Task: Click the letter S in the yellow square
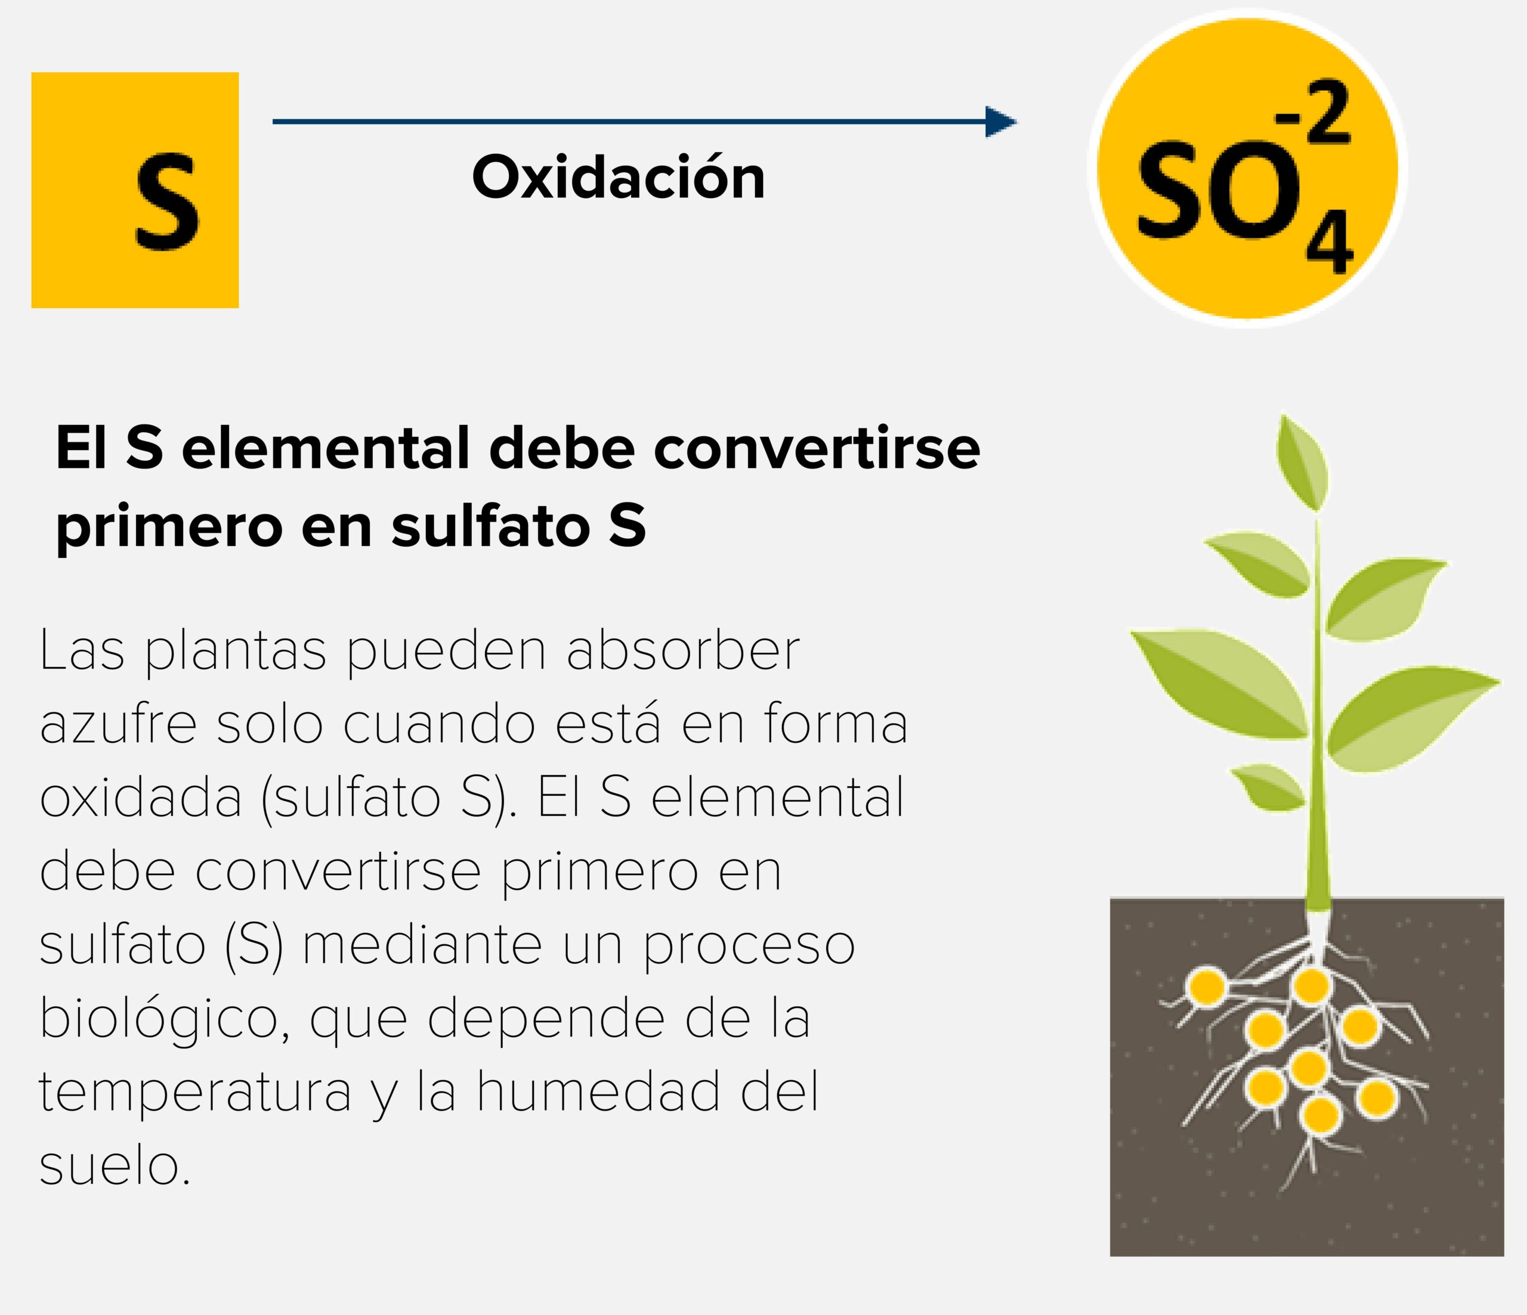pyautogui.click(x=167, y=201)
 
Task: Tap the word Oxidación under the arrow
pyautogui.click(x=619, y=177)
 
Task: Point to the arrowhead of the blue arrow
pyautogui.click(x=1001, y=122)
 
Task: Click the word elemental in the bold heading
pyautogui.click(x=325, y=449)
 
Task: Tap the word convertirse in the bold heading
pyautogui.click(x=817, y=449)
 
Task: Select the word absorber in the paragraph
pyautogui.click(x=683, y=650)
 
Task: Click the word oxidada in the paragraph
pyautogui.click(x=141, y=797)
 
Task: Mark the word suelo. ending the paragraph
pyautogui.click(x=115, y=1165)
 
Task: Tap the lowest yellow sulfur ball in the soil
pyautogui.click(x=1320, y=1115)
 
